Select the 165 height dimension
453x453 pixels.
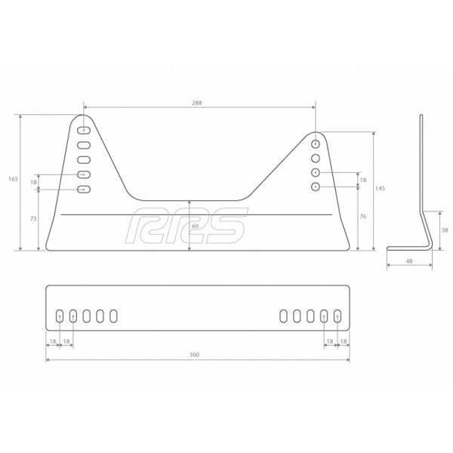point(13,179)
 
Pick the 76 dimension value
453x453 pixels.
point(363,217)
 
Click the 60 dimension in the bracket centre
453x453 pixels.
point(195,226)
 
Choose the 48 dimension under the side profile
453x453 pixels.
point(408,261)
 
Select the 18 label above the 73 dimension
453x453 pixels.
point(34,182)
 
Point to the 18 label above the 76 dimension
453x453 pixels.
point(363,180)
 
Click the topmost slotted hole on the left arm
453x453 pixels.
point(83,130)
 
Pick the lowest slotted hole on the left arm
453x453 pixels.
point(83,190)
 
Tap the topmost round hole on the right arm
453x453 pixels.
point(316,143)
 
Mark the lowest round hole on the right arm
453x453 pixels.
point(316,186)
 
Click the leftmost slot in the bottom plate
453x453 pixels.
point(60,317)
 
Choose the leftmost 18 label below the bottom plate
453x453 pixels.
point(53,341)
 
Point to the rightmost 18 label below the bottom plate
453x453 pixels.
point(344,341)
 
